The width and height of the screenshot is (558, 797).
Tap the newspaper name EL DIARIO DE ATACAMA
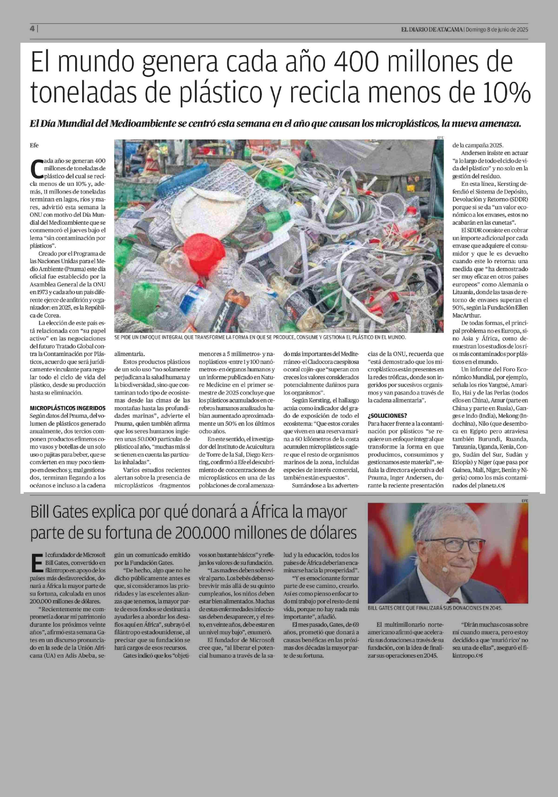click(x=432, y=30)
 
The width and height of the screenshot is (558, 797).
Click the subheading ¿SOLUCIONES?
click(x=387, y=416)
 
